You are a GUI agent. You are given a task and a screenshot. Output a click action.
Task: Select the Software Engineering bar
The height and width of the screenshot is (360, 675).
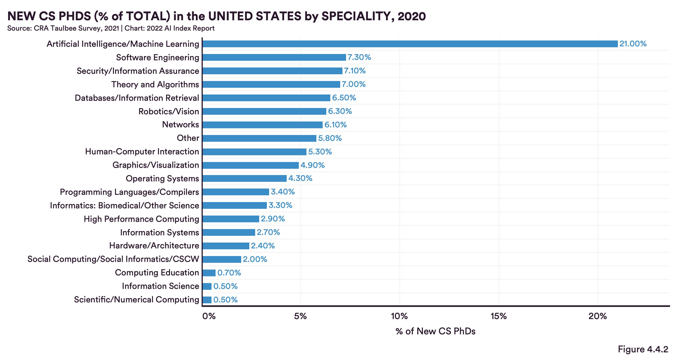274,57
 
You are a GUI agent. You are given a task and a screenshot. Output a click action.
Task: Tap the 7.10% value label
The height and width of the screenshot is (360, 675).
355,71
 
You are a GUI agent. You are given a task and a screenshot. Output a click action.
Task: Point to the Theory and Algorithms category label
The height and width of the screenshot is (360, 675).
155,84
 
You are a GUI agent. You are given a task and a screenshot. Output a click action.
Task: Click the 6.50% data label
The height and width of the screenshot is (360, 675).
344,98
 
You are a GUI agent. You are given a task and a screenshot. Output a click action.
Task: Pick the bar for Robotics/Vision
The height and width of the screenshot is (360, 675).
264,111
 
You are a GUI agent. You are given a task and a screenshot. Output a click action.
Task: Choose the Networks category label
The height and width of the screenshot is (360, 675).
180,124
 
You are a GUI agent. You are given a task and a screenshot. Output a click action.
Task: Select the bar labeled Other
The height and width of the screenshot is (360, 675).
259,138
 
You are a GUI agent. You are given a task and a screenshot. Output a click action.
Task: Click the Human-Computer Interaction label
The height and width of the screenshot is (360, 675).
142,151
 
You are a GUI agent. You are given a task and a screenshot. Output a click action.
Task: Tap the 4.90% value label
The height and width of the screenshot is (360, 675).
312,165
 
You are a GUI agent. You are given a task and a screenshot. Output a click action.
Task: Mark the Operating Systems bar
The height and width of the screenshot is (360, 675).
245,178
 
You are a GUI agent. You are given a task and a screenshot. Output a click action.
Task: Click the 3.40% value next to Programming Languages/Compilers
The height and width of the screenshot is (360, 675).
283,192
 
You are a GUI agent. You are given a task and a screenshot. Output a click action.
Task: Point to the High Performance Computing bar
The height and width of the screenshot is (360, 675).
231,219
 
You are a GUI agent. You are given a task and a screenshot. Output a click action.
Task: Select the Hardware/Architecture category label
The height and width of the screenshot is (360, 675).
154,245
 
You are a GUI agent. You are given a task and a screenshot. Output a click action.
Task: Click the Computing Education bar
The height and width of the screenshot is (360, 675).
209,273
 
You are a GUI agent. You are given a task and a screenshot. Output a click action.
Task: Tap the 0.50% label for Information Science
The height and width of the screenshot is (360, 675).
225,286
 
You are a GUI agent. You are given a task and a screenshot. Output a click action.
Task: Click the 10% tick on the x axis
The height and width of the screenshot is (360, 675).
399,316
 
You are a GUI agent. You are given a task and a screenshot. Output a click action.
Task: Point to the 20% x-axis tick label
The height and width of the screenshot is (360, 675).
598,316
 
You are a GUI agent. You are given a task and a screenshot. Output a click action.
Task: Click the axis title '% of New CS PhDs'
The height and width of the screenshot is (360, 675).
435,331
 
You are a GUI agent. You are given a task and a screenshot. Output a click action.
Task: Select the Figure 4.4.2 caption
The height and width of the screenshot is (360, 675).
643,349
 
